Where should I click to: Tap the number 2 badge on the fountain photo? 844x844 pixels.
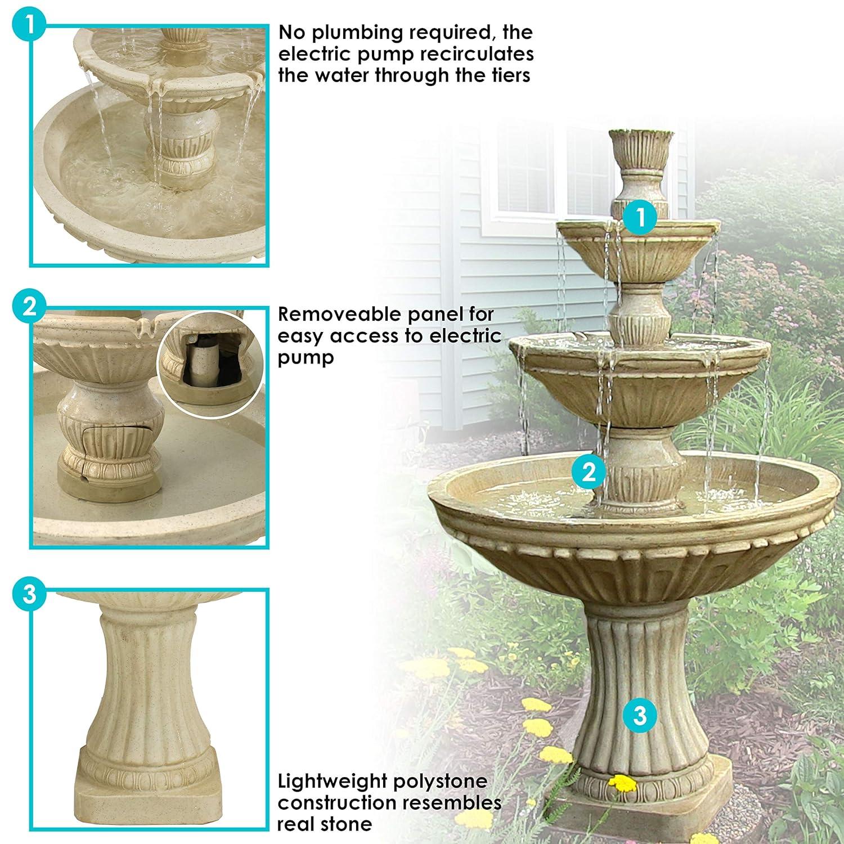(589, 472)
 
